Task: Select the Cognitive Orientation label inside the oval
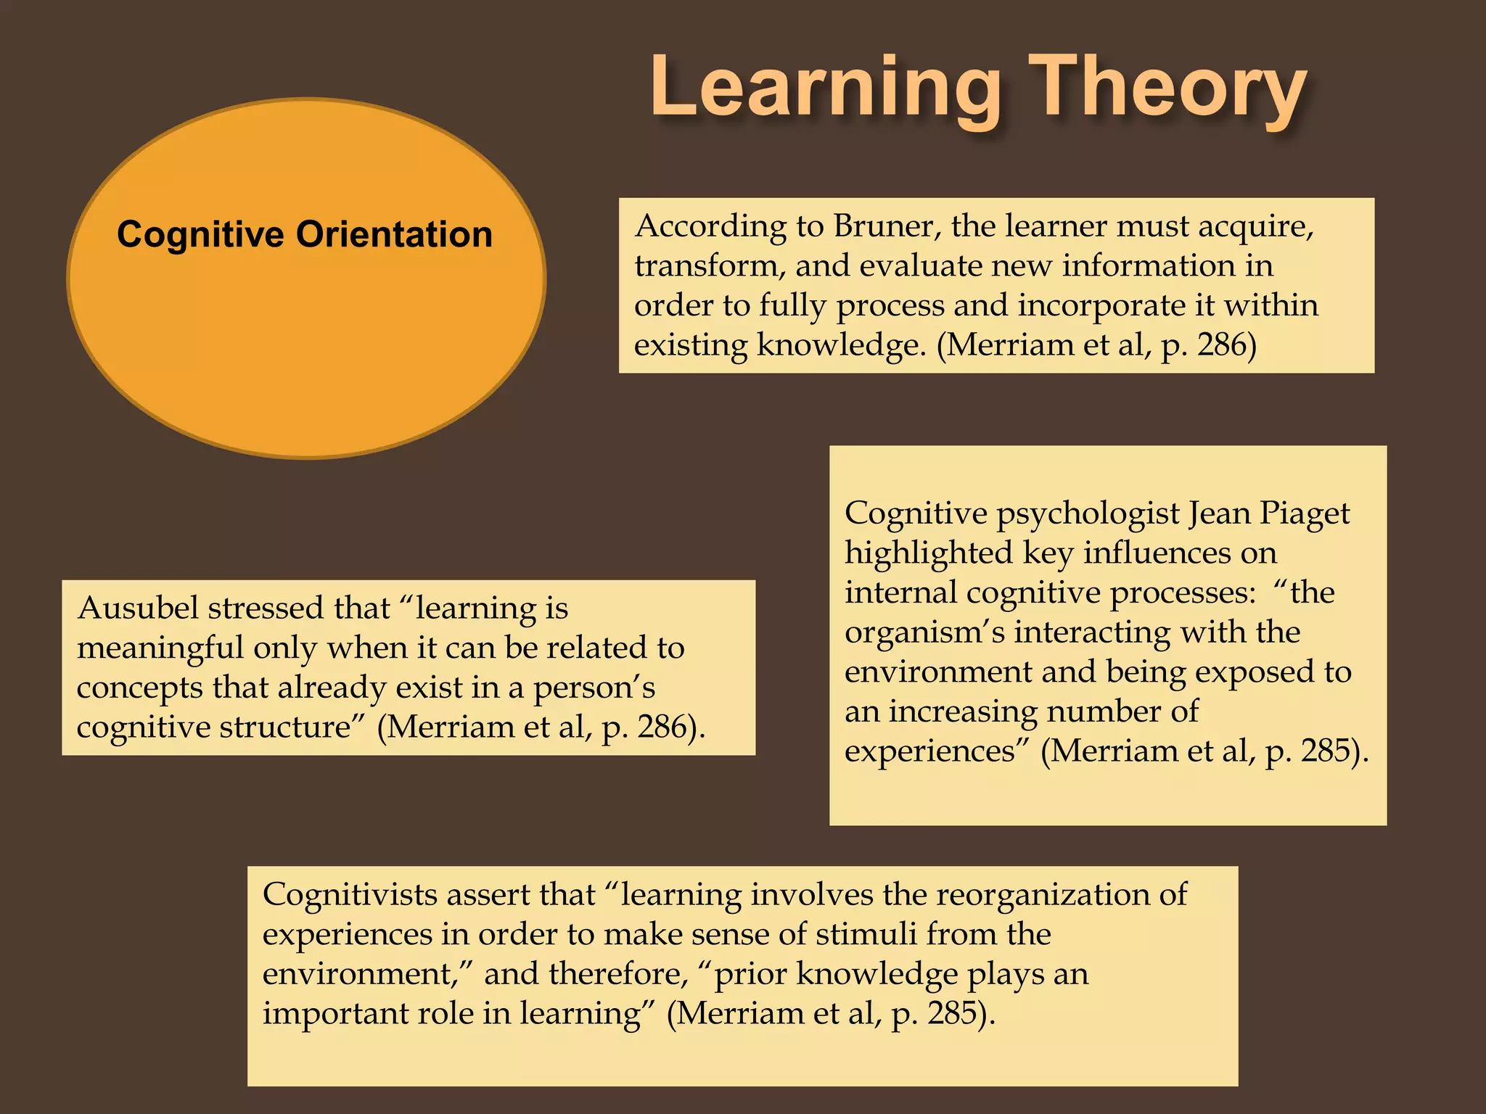pos(305,235)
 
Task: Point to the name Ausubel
pos(137,608)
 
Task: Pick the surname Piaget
pos(1304,513)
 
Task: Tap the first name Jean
pos(1219,513)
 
